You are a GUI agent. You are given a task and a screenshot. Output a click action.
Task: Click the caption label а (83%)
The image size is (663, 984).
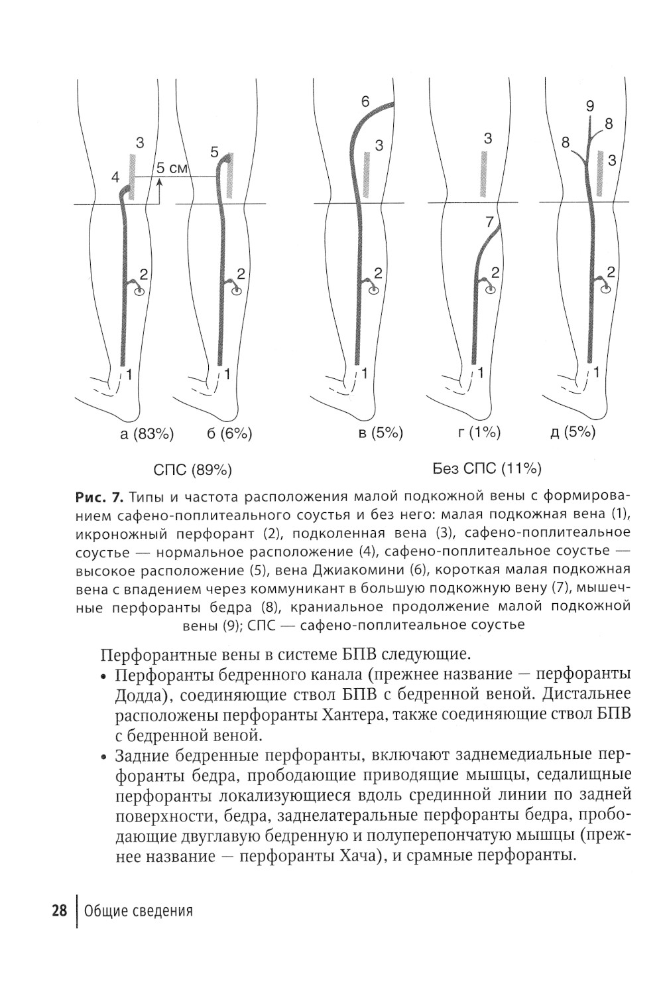pos(147,435)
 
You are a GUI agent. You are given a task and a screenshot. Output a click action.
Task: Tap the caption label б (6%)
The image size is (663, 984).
pos(230,435)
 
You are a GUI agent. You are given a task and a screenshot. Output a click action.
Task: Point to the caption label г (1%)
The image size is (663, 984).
pos(479,433)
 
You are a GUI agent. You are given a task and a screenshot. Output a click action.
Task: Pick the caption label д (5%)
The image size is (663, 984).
pos(573,433)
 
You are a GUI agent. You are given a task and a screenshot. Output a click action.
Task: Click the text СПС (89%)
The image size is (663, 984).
pos(192,470)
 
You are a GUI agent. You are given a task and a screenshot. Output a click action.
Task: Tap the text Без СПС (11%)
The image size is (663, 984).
pos(487,470)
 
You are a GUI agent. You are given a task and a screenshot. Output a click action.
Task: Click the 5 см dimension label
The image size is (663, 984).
pos(172,169)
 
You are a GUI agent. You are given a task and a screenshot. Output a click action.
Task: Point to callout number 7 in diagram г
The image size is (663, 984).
pos(490,222)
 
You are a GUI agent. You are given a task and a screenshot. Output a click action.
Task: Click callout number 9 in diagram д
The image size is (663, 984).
pos(590,105)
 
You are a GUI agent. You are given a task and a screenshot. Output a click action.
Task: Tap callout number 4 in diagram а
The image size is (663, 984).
pos(115,178)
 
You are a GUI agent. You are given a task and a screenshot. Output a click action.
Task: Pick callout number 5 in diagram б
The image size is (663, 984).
pos(213,152)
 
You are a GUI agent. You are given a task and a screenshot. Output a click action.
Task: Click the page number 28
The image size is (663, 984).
pos(60,910)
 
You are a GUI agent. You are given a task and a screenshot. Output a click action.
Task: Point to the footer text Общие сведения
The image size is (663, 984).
pos(139,910)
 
